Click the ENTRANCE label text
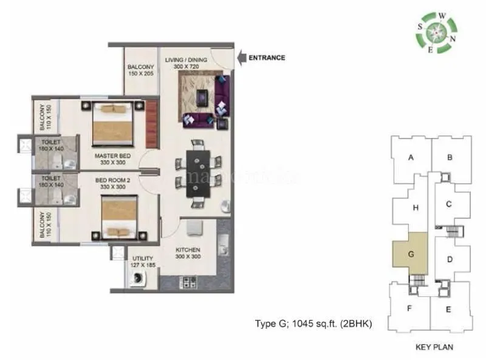click(266, 58)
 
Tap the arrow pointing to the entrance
click(240, 58)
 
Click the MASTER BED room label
click(110, 159)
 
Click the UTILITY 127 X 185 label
click(143, 262)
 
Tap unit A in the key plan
click(411, 157)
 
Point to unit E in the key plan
click(448, 310)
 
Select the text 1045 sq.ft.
click(313, 324)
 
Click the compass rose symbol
click(437, 33)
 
